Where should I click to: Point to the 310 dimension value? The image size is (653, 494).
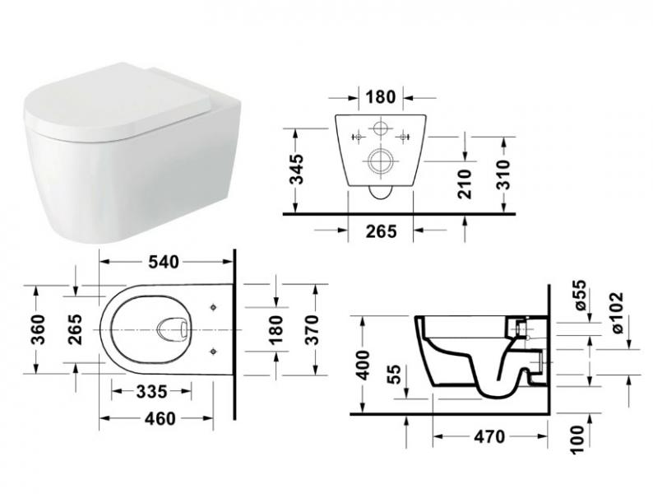point(503,175)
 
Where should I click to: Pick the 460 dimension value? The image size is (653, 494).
point(160,418)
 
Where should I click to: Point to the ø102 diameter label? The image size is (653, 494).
point(617,314)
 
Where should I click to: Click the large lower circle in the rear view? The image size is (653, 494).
point(381,161)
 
